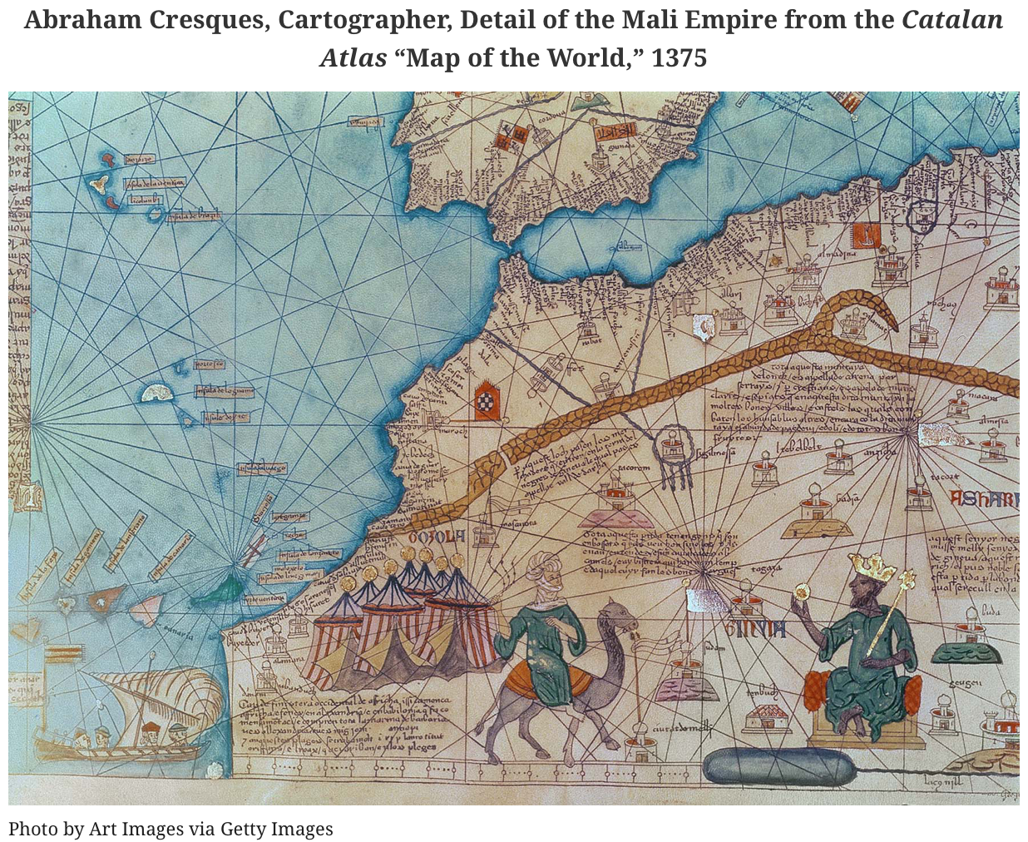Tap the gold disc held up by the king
coord(802,592)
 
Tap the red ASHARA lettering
coord(985,499)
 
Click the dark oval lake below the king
coord(778,767)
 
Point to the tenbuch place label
coord(762,692)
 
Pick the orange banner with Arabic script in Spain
coord(617,131)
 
